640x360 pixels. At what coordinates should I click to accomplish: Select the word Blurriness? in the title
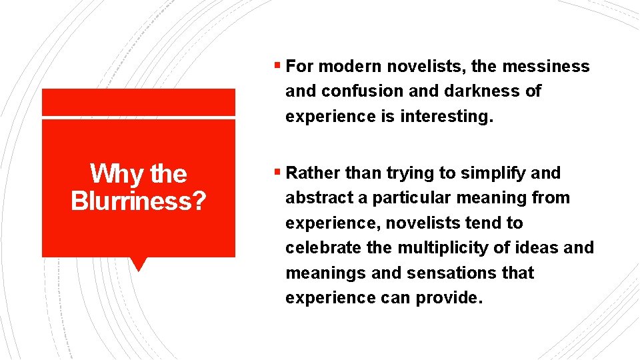[138, 201]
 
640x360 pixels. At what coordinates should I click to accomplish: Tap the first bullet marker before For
[277, 67]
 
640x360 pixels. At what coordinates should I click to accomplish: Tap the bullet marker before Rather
[277, 173]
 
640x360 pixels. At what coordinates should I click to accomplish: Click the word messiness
[545, 67]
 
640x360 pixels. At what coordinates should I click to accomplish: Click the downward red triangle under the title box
[138, 263]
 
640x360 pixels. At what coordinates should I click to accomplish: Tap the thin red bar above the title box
[138, 103]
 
